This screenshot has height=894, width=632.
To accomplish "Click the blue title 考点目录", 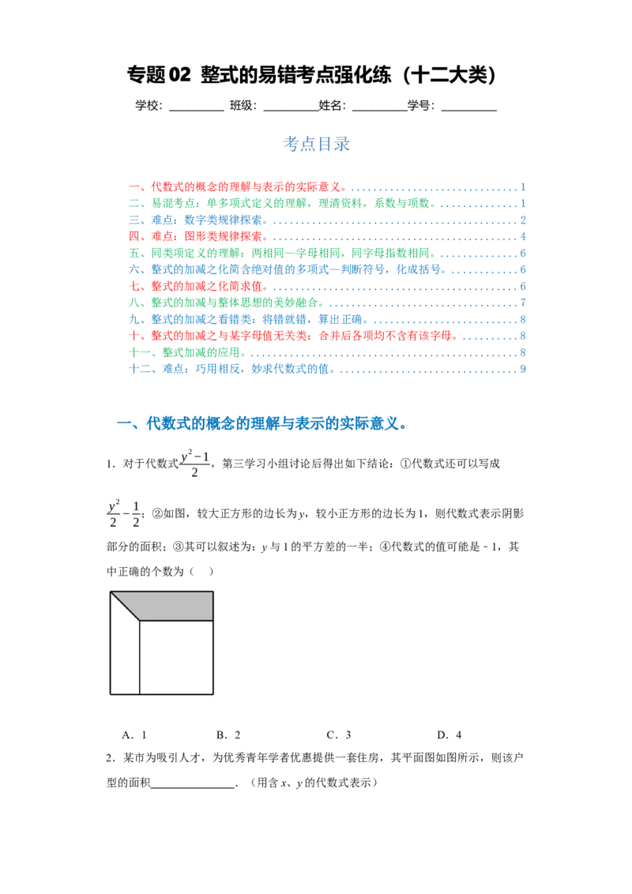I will (x=316, y=144).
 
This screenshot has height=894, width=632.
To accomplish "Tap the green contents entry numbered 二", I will (x=292, y=204).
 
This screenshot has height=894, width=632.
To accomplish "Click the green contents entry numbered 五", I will (x=292, y=253).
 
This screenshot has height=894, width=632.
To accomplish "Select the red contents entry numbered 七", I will (x=209, y=286).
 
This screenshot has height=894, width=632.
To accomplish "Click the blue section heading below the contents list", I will (x=276, y=424).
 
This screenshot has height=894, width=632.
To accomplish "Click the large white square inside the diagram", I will (x=176, y=657).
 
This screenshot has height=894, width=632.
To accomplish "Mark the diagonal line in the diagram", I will (x=125, y=606).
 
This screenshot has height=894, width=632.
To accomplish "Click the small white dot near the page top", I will (x=123, y=79).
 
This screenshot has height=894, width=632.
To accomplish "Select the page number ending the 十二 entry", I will (x=524, y=369).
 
